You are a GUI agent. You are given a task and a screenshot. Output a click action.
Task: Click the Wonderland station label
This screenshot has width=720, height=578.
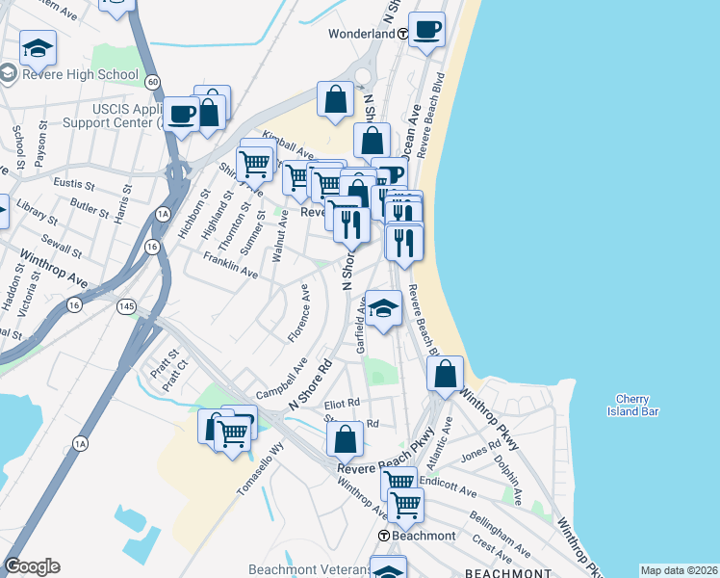[x=362, y=33]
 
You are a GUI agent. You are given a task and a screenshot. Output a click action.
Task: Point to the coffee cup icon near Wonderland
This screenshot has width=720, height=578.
[x=426, y=29]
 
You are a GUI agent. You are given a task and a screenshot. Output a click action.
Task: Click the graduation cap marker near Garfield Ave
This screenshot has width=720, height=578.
[x=383, y=308]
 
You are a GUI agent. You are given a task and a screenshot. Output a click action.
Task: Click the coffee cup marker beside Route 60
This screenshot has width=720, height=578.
[x=181, y=115]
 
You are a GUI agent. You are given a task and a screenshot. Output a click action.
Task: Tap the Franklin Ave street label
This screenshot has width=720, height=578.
[x=230, y=266]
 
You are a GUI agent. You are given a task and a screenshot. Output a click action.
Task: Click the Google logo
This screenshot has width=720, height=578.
[x=32, y=565]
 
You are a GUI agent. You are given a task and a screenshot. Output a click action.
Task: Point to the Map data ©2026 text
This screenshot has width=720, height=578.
[x=679, y=570]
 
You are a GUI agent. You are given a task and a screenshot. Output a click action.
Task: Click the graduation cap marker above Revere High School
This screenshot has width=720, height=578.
[x=38, y=47]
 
